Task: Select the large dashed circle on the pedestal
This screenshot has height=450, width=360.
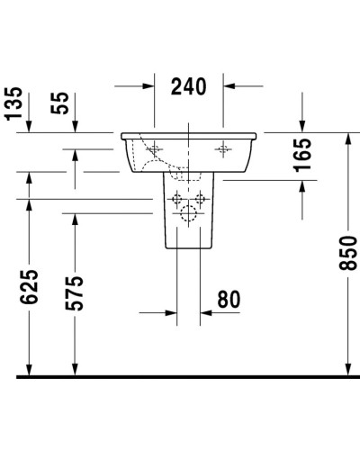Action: [189, 213]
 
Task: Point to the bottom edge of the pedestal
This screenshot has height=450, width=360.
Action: [189, 250]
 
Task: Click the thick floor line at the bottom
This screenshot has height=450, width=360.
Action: [180, 376]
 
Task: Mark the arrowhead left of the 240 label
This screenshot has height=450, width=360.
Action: [150, 86]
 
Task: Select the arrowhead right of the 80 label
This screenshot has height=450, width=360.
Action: [205, 313]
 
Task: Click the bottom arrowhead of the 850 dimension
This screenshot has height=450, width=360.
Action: [346, 368]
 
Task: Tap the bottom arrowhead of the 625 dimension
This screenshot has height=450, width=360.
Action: [30, 368]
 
